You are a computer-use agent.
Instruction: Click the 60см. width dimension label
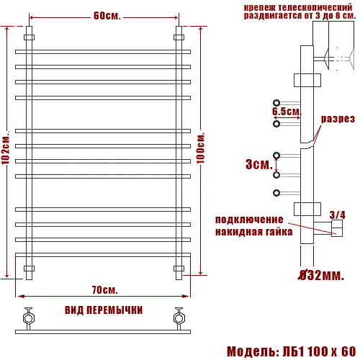click(x=107, y=16)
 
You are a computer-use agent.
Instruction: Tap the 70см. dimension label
click(x=105, y=290)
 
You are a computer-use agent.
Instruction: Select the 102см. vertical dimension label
click(x=6, y=148)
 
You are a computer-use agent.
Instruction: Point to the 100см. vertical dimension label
click(x=201, y=148)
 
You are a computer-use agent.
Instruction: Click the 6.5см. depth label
click(x=287, y=111)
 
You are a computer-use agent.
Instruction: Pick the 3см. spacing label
click(x=259, y=164)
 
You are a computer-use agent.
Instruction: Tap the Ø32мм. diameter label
click(x=321, y=275)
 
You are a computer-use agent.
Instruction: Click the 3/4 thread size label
click(x=338, y=215)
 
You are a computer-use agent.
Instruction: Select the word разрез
click(x=338, y=119)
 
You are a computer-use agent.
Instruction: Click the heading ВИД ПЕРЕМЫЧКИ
click(x=104, y=310)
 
